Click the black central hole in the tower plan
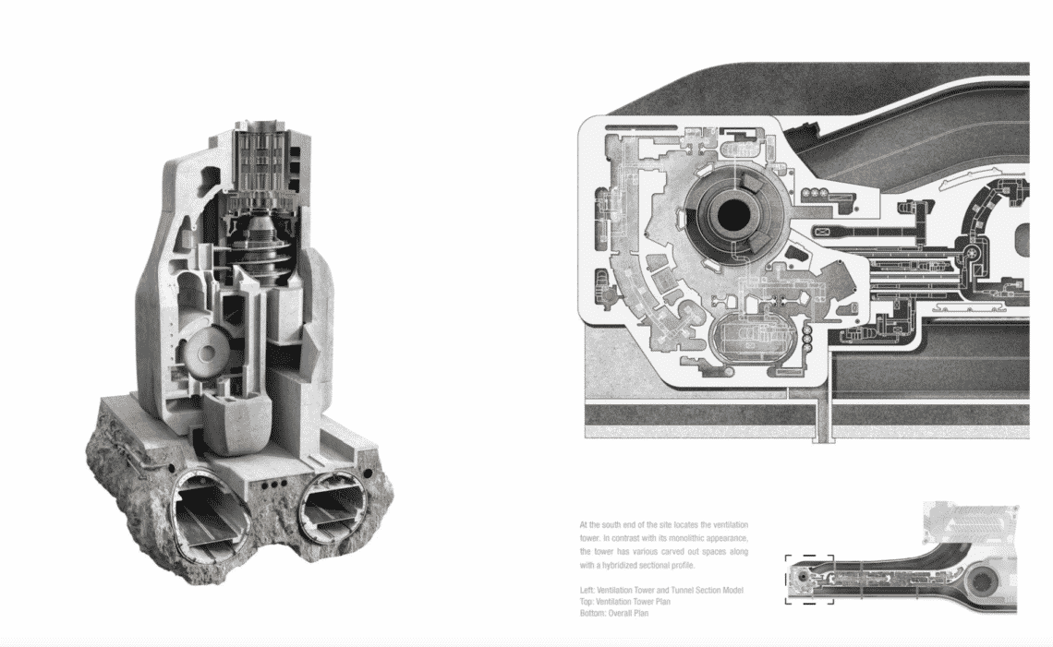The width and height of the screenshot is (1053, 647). click(x=732, y=214)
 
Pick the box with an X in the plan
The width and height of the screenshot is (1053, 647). click(x=822, y=233)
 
